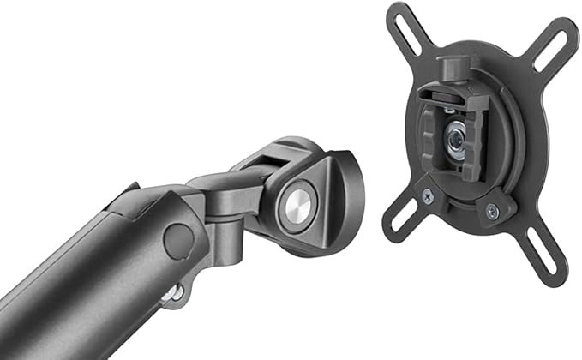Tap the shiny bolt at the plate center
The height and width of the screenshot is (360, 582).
click(456, 137)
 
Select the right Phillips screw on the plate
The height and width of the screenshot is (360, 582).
click(492, 211)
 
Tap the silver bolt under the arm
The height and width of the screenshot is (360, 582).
click(175, 293)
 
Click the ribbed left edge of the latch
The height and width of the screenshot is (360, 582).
click(425, 138)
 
